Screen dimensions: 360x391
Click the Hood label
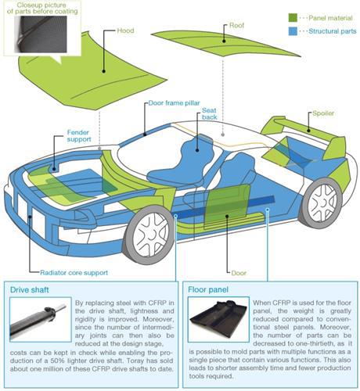(x=125, y=30)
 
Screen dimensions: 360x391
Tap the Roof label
(x=236, y=25)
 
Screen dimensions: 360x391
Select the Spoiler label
(x=323, y=113)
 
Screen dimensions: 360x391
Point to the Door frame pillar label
(x=174, y=103)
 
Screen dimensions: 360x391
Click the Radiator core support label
(x=74, y=273)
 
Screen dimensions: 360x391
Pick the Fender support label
(x=79, y=136)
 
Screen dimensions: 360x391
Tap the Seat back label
(x=209, y=114)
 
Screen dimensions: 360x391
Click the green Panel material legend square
(x=293, y=18)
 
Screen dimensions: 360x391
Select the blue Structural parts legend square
(x=293, y=31)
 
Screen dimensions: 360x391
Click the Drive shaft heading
(x=30, y=290)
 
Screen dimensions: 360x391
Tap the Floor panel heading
(x=208, y=289)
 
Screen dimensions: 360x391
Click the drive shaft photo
(x=41, y=319)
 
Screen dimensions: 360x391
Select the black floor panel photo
(x=218, y=319)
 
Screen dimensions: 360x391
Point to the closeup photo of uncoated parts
(x=41, y=34)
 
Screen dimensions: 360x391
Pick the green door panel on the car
(x=226, y=206)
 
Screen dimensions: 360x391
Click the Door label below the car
(x=239, y=273)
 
